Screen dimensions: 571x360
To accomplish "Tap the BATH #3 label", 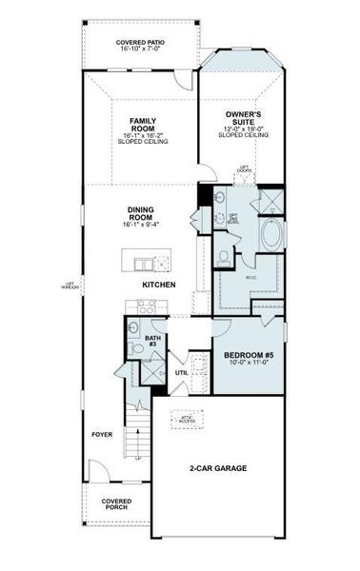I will coord(152,341).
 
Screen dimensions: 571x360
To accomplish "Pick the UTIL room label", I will coord(181,372).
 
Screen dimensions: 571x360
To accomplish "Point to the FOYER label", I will coord(102,434).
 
